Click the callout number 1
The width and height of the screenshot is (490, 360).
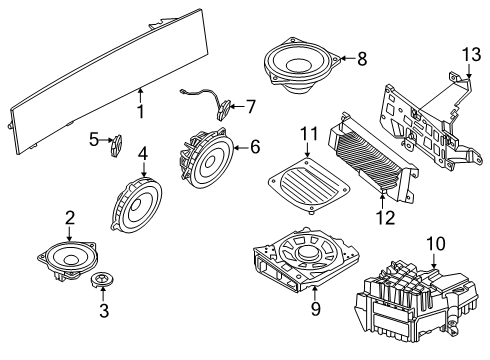(x=141, y=112)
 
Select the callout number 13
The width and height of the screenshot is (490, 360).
(x=471, y=55)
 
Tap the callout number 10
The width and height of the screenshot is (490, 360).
(x=436, y=244)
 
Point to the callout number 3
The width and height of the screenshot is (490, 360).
(x=104, y=311)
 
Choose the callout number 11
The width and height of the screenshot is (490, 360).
(x=310, y=134)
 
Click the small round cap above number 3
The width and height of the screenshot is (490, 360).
(x=102, y=279)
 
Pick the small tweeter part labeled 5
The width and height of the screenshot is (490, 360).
(x=116, y=146)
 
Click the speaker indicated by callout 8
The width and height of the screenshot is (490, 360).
(x=302, y=67)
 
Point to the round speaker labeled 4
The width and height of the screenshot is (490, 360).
(x=136, y=204)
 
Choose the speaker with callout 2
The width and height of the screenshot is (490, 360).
(x=68, y=259)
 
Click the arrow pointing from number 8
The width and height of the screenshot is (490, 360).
(x=347, y=59)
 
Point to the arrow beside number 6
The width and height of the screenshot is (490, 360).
(x=240, y=147)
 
